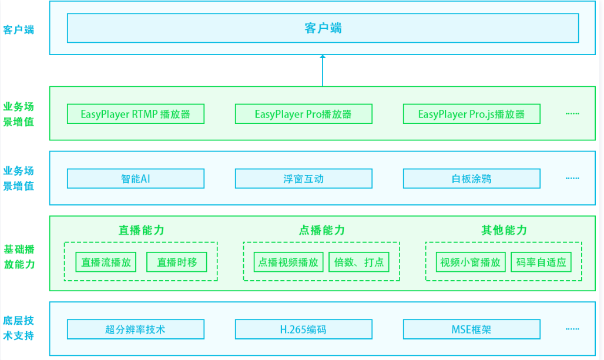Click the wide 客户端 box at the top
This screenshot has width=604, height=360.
click(323, 28)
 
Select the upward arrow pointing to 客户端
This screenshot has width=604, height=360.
click(323, 70)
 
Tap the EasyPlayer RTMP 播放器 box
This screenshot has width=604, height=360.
click(136, 114)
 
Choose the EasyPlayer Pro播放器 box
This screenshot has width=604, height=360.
click(303, 114)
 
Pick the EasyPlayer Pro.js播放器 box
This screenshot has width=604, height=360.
click(471, 114)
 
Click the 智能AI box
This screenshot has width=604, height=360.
click(136, 179)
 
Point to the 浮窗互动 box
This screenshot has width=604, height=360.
click(303, 179)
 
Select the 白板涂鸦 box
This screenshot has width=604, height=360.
click(471, 179)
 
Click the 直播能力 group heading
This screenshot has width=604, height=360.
click(141, 230)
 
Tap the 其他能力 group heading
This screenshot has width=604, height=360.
click(504, 230)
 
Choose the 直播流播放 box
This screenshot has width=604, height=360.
click(106, 262)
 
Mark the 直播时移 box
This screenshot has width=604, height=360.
click(177, 262)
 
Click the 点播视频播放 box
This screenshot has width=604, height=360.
click(288, 262)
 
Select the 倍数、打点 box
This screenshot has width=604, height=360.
click(359, 262)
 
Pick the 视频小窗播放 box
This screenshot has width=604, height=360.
click(471, 262)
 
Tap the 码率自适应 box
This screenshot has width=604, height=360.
click(541, 262)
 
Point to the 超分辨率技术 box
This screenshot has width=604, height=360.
click(136, 329)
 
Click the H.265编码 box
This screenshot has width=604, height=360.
click(303, 329)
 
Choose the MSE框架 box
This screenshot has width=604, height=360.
click(471, 329)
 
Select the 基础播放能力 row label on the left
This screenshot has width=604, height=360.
click(19, 257)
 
